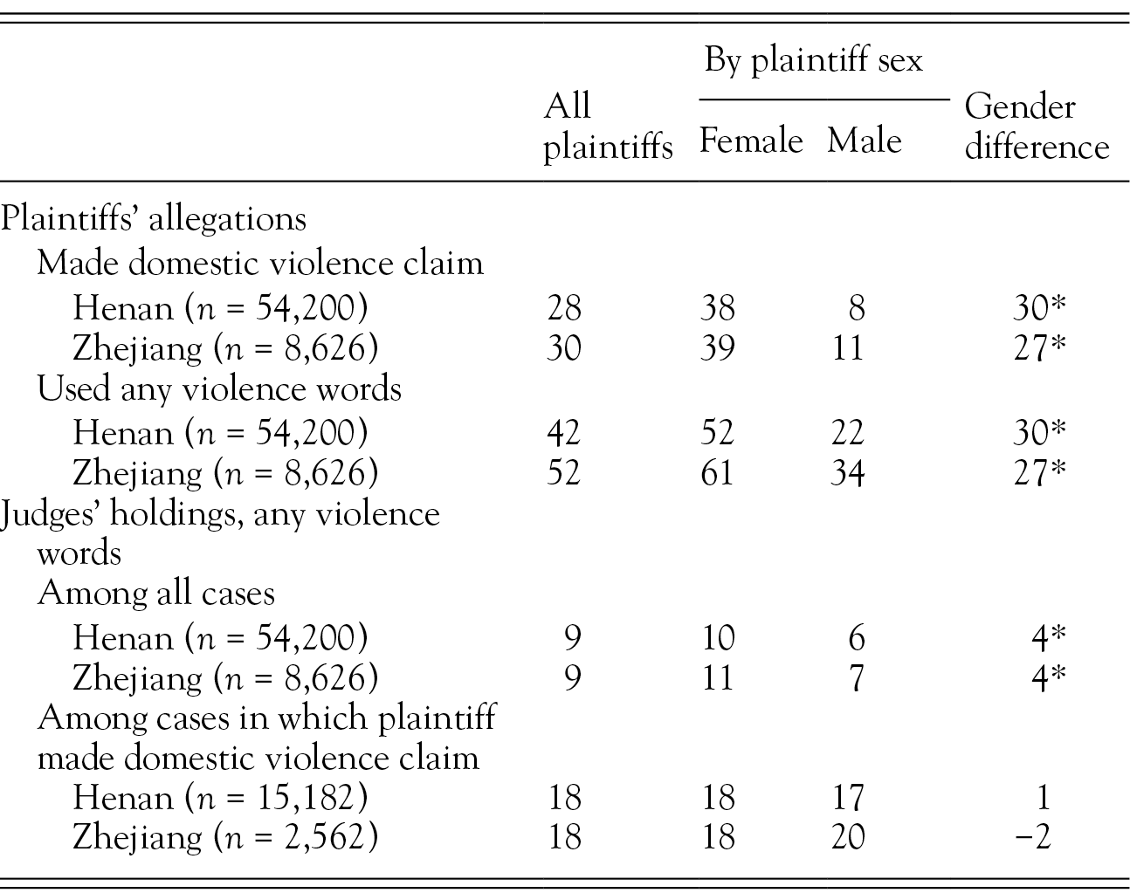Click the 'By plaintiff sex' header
813,60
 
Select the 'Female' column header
751,141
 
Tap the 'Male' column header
864,141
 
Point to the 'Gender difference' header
1036,127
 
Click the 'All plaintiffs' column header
607,127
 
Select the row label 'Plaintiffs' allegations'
154,217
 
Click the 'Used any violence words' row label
219,388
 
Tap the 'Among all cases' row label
156,594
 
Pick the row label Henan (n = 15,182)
220,797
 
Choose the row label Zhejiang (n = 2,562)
225,838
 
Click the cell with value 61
717,473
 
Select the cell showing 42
563,432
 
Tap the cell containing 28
563,307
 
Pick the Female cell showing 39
717,348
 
